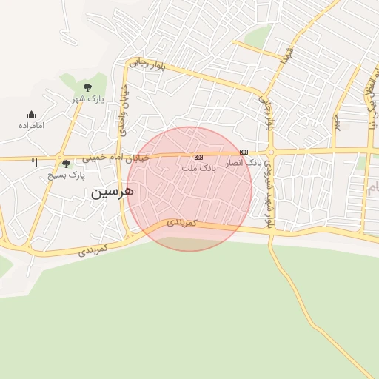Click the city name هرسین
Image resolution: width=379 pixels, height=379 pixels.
point(113,192)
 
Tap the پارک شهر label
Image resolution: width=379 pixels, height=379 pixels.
point(90,98)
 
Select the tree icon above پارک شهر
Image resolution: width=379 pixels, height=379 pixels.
point(87,87)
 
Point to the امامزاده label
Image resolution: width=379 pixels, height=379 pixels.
point(32,125)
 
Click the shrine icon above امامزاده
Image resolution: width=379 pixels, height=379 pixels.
point(31,114)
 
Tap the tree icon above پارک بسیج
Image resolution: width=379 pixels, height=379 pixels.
point(67,164)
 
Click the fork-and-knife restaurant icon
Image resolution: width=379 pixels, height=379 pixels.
point(34,162)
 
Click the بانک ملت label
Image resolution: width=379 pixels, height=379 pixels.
point(198,168)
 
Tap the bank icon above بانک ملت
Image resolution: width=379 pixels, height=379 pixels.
point(198,157)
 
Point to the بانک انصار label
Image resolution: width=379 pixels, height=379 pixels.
point(245,162)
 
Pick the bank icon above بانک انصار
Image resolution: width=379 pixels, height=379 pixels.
point(244,152)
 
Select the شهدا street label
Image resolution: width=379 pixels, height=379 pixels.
point(289,54)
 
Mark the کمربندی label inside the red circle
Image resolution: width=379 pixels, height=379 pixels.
point(181,222)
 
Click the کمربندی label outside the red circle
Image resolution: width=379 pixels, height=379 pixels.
point(93,250)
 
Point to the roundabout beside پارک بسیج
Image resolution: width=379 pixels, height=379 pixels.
point(58,158)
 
